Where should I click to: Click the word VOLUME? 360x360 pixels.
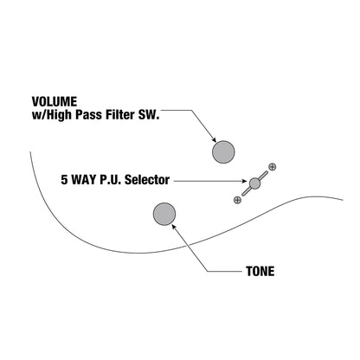(55, 102)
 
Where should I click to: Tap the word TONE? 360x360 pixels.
(260, 271)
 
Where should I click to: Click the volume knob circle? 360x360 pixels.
(223, 152)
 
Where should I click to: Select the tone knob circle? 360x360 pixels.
(164, 214)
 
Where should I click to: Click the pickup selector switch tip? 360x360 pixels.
(254, 183)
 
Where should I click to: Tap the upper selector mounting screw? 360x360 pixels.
(272, 167)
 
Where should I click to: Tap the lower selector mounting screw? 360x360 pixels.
(237, 200)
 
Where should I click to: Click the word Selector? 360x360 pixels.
(147, 180)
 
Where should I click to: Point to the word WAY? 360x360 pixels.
(83, 180)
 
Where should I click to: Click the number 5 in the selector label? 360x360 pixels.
(64, 180)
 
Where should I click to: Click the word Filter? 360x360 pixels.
(122, 115)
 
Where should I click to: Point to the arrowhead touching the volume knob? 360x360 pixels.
(214, 139)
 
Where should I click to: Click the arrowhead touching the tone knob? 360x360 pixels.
(174, 227)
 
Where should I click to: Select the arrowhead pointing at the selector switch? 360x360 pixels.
(246, 181)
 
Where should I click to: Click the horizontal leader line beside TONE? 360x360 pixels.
(225, 271)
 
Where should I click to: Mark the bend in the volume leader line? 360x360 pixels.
(191, 110)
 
